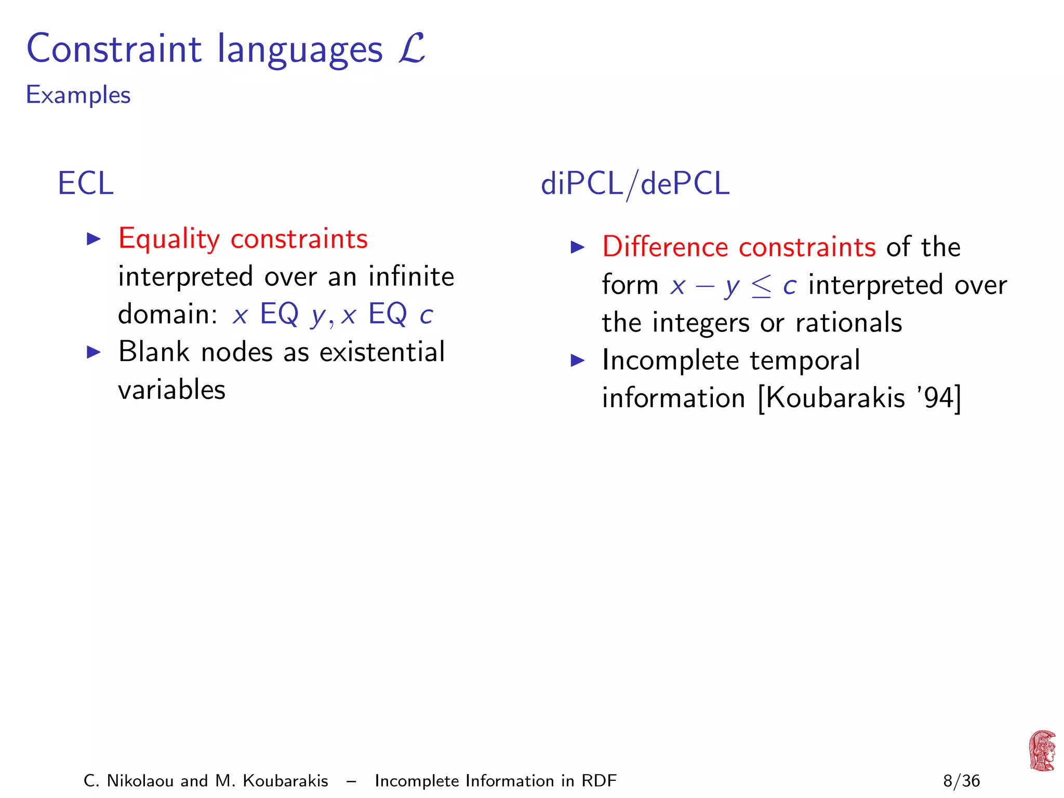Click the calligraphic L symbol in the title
tap(413, 48)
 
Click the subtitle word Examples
tap(78, 95)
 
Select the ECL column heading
tap(86, 183)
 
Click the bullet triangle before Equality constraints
tap(94, 239)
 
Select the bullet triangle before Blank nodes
tap(94, 352)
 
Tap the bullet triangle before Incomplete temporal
tap(577, 361)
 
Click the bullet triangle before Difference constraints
tap(577, 247)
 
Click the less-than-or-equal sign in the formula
tap(761, 286)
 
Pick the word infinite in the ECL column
tap(411, 276)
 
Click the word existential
tap(382, 352)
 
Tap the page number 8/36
tap(961, 781)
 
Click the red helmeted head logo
tap(1042, 751)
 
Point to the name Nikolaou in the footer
tap(140, 781)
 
